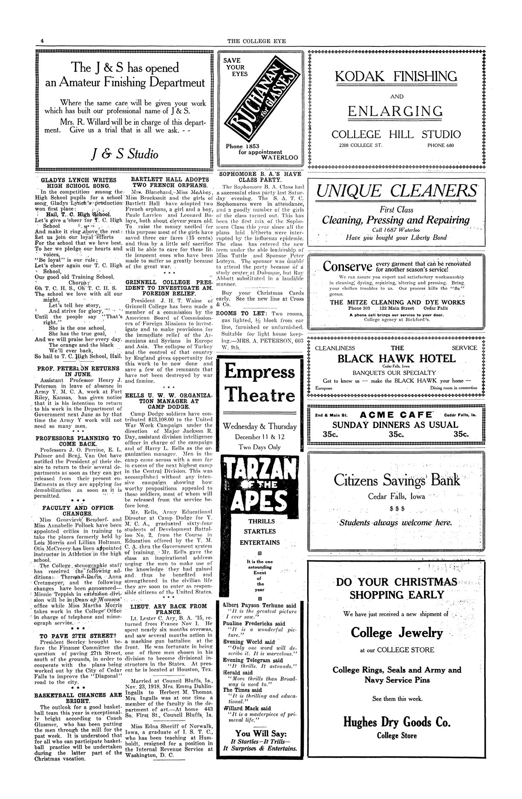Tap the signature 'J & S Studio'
126,153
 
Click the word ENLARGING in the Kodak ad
395,112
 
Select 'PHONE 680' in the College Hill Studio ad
441,145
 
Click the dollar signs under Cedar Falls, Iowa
396,509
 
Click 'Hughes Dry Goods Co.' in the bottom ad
396,722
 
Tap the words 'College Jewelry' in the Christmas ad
396,633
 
